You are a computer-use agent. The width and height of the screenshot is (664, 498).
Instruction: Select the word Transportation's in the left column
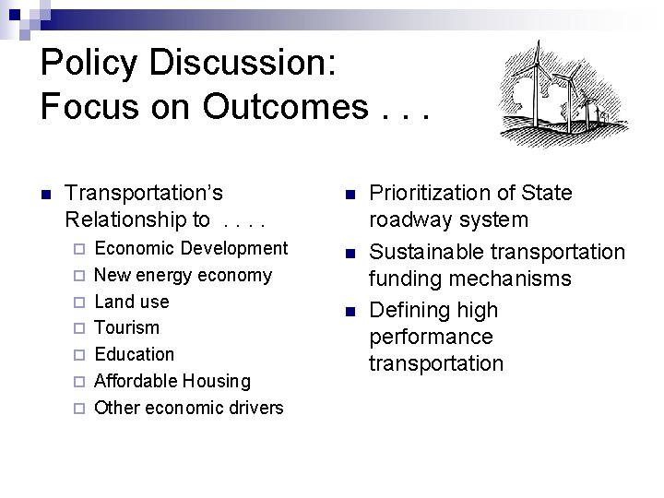tap(145, 194)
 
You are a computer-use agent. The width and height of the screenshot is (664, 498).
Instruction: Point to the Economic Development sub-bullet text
tap(192, 248)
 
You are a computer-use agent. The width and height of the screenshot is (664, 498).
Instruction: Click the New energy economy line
tap(184, 275)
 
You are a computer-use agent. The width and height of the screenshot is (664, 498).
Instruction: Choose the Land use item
tap(132, 302)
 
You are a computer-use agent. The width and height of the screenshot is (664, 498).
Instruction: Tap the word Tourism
tap(127, 327)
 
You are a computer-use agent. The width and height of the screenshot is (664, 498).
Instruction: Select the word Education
tap(135, 354)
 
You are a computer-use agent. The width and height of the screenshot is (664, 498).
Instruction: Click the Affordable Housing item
tap(172, 381)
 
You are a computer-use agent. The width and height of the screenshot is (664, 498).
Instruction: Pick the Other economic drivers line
tap(189, 407)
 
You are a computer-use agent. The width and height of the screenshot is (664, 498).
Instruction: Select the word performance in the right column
tap(430, 337)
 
